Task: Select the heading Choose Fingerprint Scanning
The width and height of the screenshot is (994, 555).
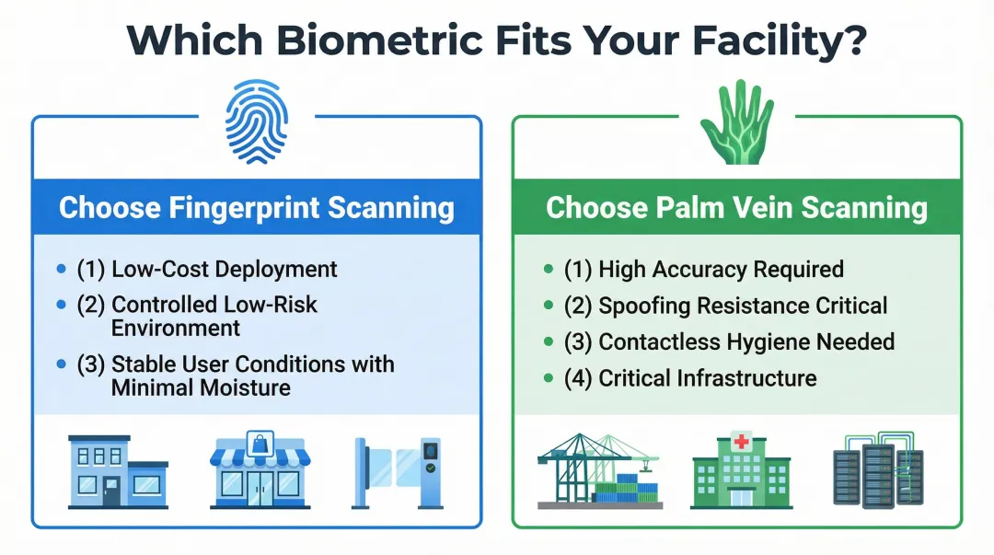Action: coord(256,207)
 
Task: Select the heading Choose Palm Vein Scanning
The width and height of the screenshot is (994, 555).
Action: coord(736,207)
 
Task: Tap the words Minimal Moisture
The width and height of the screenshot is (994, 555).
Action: coord(201,387)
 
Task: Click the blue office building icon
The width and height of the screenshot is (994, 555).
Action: coord(118,472)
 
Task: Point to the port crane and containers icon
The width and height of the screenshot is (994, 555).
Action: coord(598,470)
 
